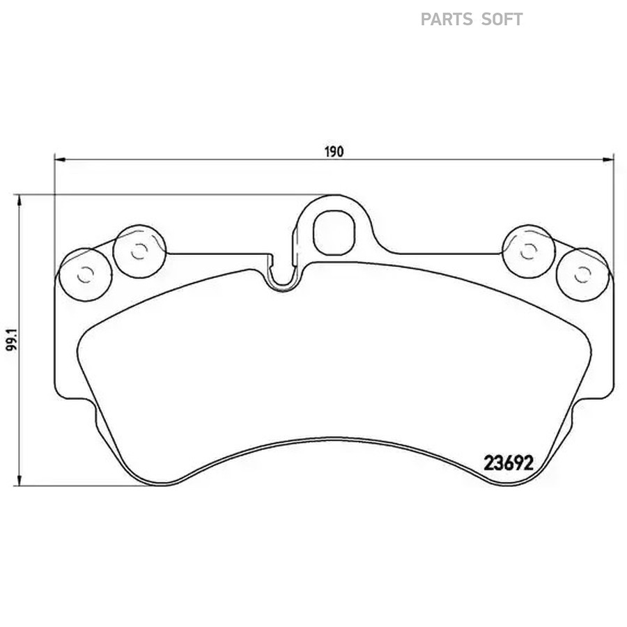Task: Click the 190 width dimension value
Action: (334, 152)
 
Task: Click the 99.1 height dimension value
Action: (13, 340)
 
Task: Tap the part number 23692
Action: (509, 463)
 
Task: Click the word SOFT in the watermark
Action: (502, 20)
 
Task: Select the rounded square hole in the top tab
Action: (334, 233)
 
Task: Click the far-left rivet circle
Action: (86, 274)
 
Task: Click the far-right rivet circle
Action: (582, 274)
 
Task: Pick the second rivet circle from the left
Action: (139, 251)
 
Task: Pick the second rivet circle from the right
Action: (529, 251)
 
